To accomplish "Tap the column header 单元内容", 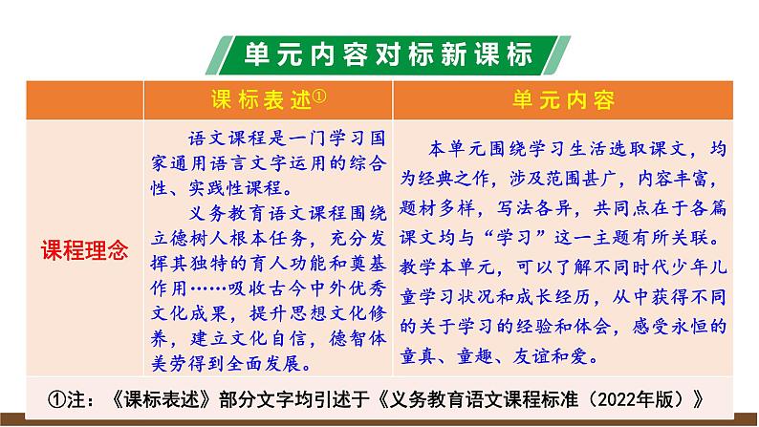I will (563, 100).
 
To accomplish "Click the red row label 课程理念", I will (83, 252).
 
